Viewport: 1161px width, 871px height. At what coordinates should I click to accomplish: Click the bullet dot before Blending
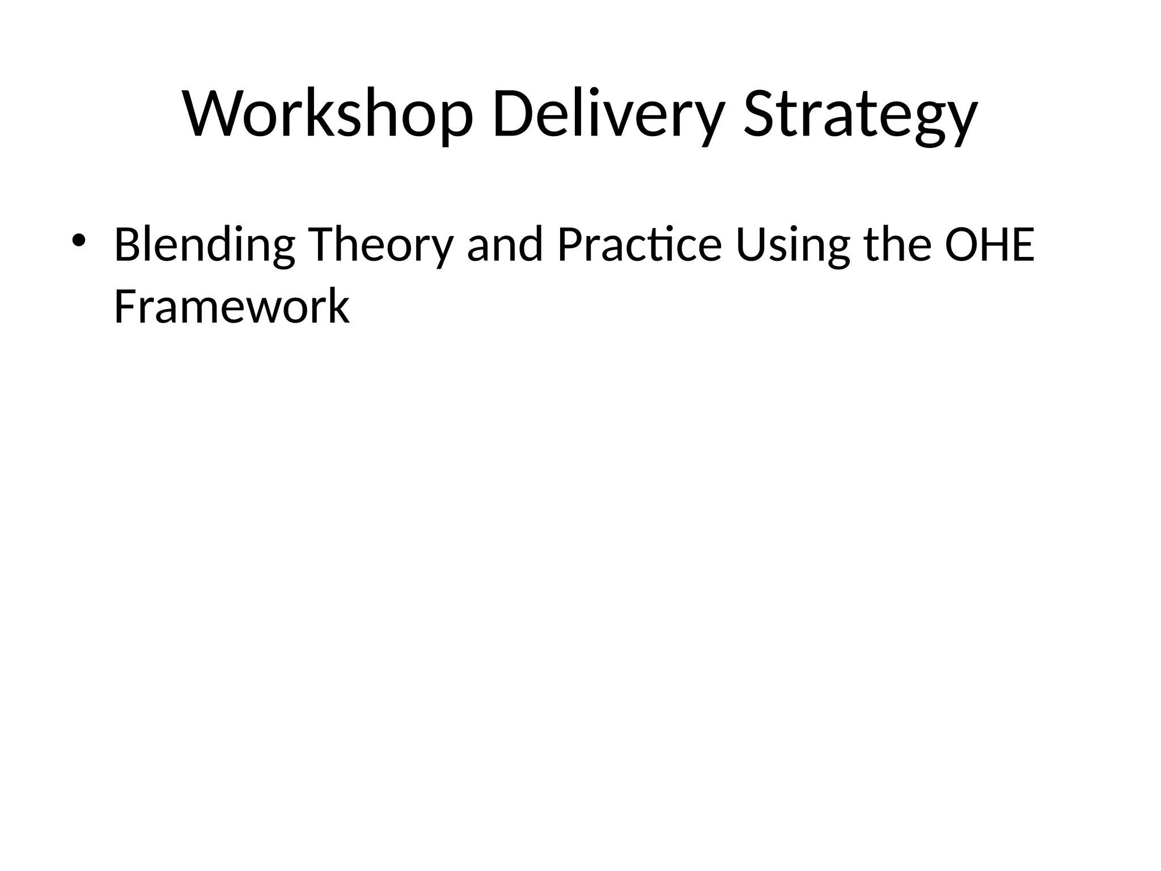[x=78, y=240]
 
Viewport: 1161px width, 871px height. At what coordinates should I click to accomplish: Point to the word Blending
[x=204, y=245]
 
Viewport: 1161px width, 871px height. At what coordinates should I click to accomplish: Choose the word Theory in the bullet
[x=380, y=245]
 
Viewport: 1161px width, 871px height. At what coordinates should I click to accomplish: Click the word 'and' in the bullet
[x=505, y=245]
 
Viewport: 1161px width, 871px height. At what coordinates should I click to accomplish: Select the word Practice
[x=639, y=245]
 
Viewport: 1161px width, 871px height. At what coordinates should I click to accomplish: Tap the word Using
[x=793, y=245]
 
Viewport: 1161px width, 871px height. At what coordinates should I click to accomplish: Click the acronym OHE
[x=989, y=245]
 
